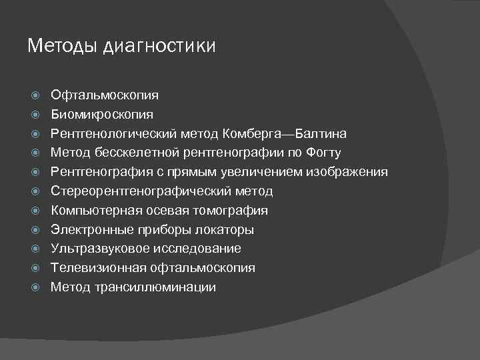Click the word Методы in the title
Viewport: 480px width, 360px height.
63,46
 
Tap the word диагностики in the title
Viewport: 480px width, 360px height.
159,47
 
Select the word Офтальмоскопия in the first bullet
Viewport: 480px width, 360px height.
105,95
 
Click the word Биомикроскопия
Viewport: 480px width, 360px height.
102,115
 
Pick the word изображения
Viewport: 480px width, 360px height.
347,172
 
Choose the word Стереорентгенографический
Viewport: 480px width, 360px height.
141,191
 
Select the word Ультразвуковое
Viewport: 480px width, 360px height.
101,249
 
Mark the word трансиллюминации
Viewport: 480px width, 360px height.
155,287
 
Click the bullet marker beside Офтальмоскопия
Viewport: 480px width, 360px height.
37,96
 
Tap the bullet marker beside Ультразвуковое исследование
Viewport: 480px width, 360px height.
37,249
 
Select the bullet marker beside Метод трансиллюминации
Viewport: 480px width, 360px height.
37,288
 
